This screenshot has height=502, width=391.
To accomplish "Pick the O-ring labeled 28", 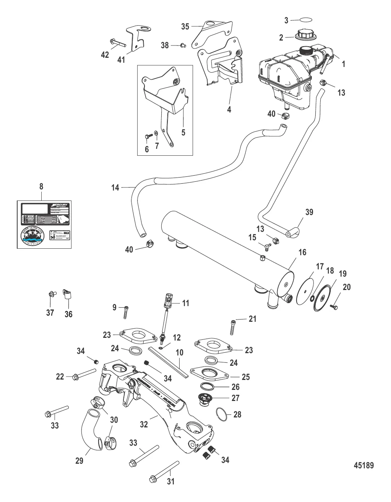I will coord(223,414).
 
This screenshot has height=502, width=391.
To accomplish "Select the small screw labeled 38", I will coord(183,46).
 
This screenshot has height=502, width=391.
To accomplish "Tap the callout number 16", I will coord(302,252).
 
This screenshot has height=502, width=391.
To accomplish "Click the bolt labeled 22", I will coord(83,373).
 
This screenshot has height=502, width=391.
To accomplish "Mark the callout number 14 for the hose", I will coord(115,187).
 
